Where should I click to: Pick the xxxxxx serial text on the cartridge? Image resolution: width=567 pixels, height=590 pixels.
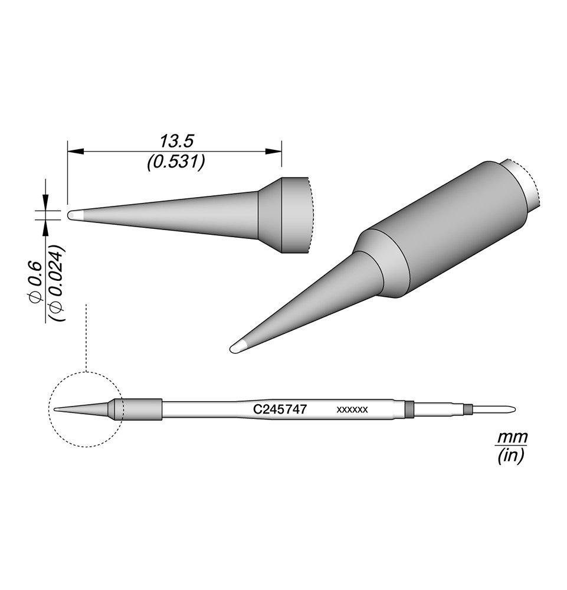coord(352,410)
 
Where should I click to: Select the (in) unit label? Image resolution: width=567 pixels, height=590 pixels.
coord(510,456)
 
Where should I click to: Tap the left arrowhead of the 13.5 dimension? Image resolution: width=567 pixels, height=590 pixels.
coord(75,151)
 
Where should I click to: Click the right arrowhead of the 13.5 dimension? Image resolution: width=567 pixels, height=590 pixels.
coord(274,151)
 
